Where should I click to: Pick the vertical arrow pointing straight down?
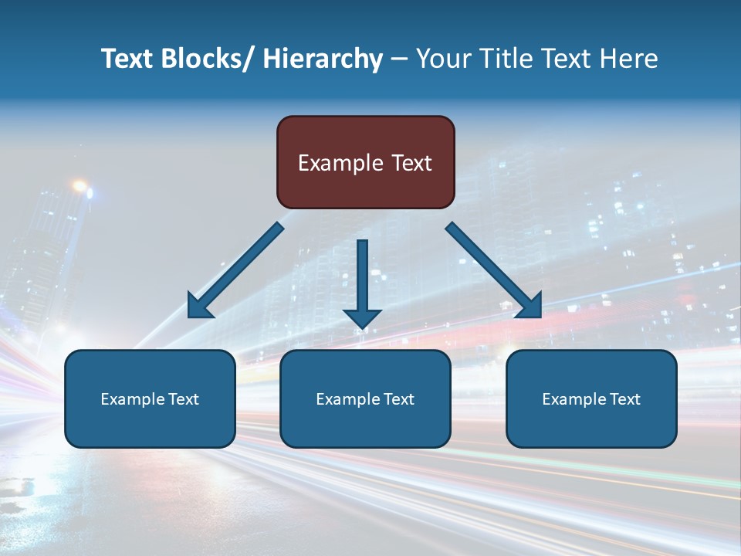click(362, 278)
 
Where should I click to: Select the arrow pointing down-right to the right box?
click(494, 270)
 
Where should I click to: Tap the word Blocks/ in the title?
click(212, 59)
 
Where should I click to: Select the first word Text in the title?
click(128, 59)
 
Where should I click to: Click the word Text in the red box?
click(410, 163)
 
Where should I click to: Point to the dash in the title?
click(399, 59)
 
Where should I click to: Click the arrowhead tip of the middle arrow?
click(362, 327)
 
